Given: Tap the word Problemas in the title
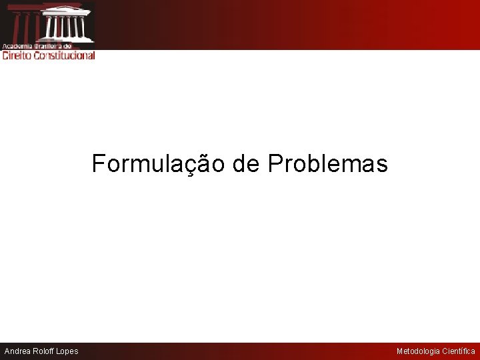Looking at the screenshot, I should [x=327, y=163].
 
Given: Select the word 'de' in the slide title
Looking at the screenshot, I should [x=246, y=163].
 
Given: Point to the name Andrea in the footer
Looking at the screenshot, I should [x=19, y=351].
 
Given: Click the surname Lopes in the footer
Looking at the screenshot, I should [x=67, y=351].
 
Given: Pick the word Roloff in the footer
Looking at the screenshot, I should [x=43, y=351].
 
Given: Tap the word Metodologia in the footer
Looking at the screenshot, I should [x=418, y=351].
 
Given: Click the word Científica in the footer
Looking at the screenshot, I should [x=459, y=351].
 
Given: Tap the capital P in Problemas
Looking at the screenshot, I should [x=275, y=163].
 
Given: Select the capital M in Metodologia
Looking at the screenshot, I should [x=399, y=351].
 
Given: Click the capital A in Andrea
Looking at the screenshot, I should [x=7, y=351].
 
